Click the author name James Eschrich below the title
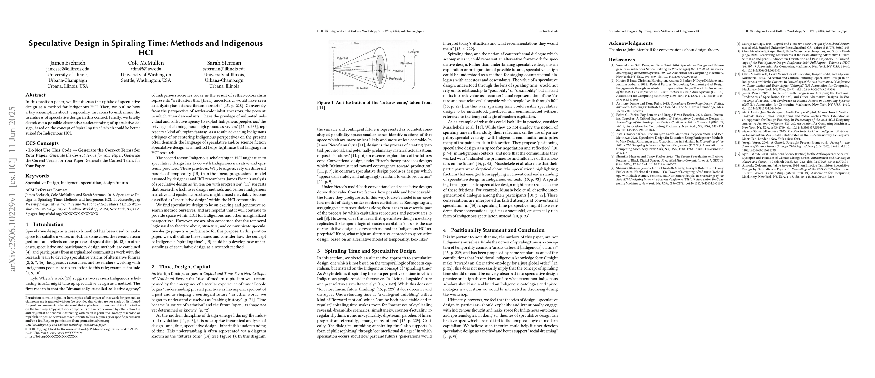[x=68, y=63]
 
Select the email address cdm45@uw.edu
[x=146, y=69]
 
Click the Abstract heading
[x=36, y=95]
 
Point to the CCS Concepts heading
[x=42, y=143]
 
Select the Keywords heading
[x=37, y=176]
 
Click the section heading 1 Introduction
[x=44, y=224]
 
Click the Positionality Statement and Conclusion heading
[x=494, y=230]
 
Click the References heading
[x=622, y=60]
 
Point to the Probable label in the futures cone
[x=397, y=71]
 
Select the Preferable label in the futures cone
[x=396, y=78]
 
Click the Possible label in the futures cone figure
[x=413, y=52]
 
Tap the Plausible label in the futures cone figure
[x=406, y=63]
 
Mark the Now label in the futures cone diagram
[x=334, y=48]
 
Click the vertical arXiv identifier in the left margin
[x=13, y=189]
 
